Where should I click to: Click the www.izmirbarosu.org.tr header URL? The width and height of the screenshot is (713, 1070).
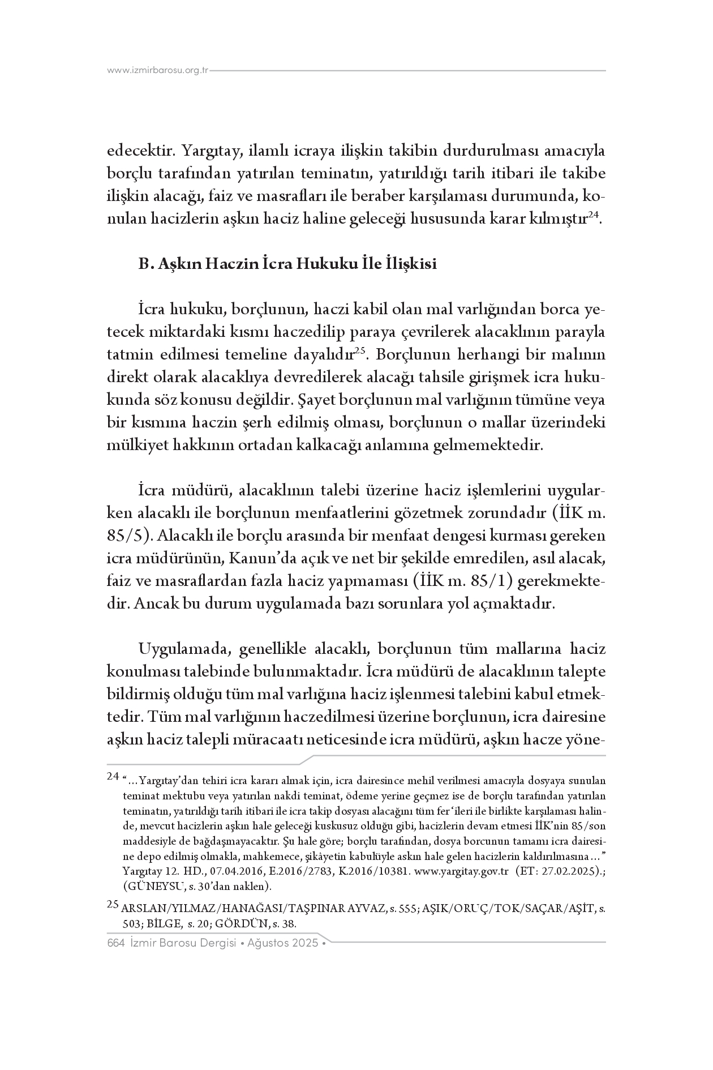[158, 71]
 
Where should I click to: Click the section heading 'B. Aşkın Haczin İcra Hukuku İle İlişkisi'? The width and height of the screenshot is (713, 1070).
[287, 264]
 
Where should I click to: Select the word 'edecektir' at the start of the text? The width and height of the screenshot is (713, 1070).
[143, 152]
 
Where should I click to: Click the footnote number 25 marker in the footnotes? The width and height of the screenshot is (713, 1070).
[113, 904]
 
